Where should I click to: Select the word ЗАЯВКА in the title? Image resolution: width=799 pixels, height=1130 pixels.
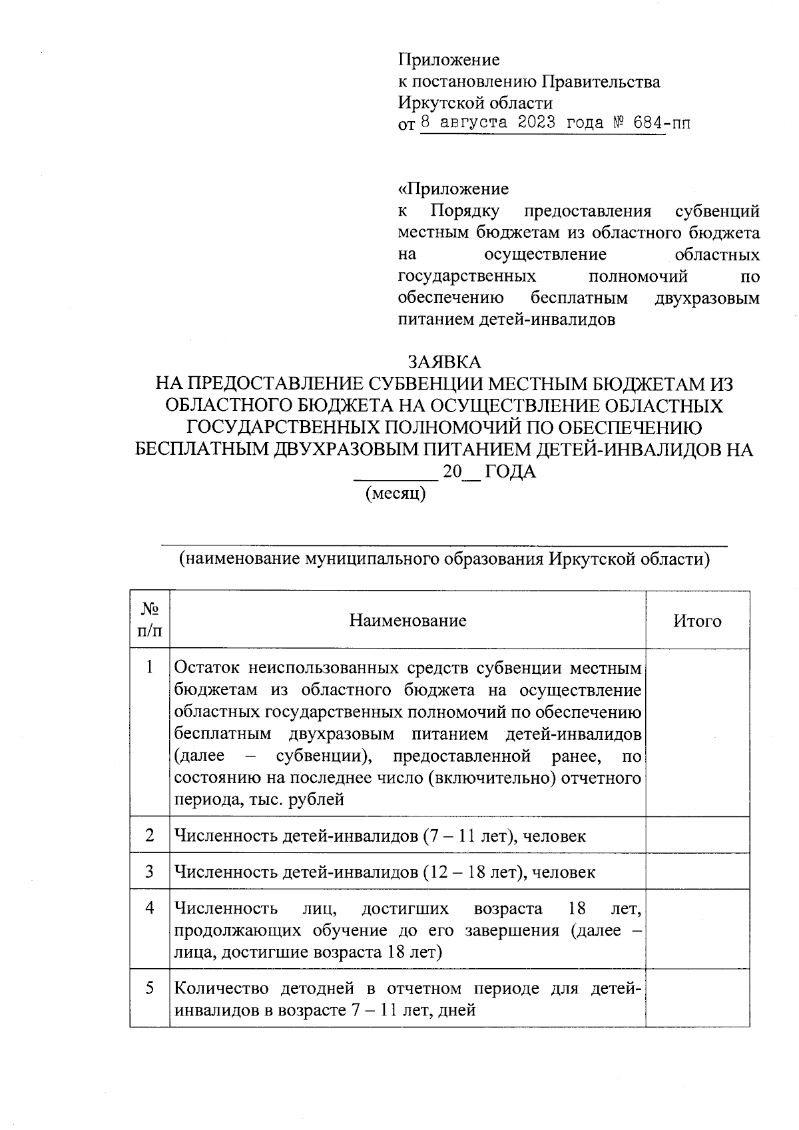[x=443, y=362]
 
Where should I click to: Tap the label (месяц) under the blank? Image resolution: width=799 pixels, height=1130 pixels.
[x=396, y=493]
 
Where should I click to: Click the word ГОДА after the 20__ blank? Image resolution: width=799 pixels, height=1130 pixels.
[x=510, y=472]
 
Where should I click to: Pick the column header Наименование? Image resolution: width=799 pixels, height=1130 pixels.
[x=407, y=621]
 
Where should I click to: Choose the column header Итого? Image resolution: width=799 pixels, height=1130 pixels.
[x=697, y=621]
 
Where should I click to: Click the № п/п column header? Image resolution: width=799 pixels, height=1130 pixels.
[x=150, y=620]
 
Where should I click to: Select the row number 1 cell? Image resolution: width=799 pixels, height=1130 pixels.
[x=150, y=667]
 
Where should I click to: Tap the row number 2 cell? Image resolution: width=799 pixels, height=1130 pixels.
[x=150, y=835]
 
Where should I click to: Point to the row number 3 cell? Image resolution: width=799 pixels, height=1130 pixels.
[x=150, y=871]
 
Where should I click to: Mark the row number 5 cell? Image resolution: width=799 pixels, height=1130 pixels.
[x=150, y=988]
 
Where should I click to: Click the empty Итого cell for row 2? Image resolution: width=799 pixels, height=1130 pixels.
[x=697, y=835]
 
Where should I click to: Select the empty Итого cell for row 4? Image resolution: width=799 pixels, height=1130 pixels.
[x=697, y=930]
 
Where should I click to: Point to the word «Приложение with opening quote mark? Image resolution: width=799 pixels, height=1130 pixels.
[x=453, y=189]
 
